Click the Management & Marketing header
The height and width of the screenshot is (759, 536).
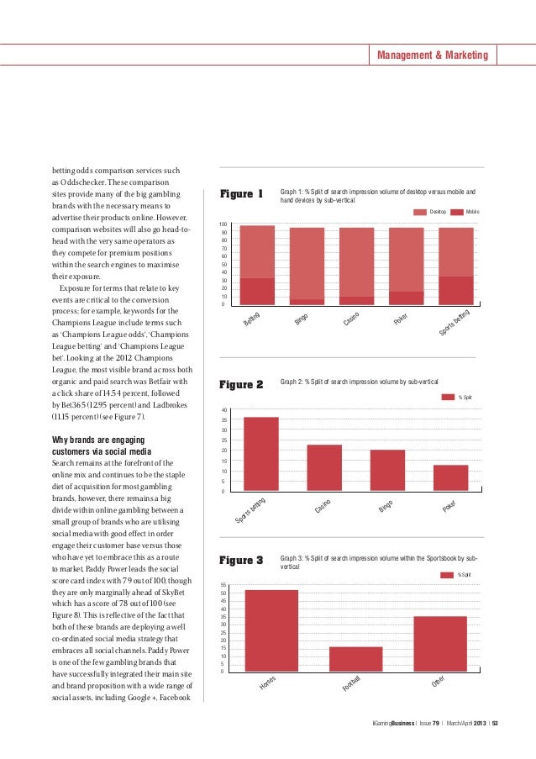pos(432,55)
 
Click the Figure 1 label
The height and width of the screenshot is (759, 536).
pos(242,195)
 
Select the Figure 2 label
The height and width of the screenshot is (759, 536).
pos(242,385)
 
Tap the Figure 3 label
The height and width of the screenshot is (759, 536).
pos(242,560)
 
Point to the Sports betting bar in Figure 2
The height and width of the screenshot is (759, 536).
pos(260,454)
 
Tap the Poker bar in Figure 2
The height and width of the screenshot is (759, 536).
pos(450,478)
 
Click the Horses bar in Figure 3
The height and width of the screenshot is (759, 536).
pos(271,630)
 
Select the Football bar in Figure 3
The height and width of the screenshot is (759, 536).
pos(355,659)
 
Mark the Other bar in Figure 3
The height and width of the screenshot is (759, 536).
pos(439,644)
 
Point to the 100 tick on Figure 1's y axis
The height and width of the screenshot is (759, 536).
pos(223,225)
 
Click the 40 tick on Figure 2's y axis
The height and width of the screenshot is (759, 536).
pos(224,410)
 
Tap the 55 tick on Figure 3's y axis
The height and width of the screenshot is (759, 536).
pos(223,584)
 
